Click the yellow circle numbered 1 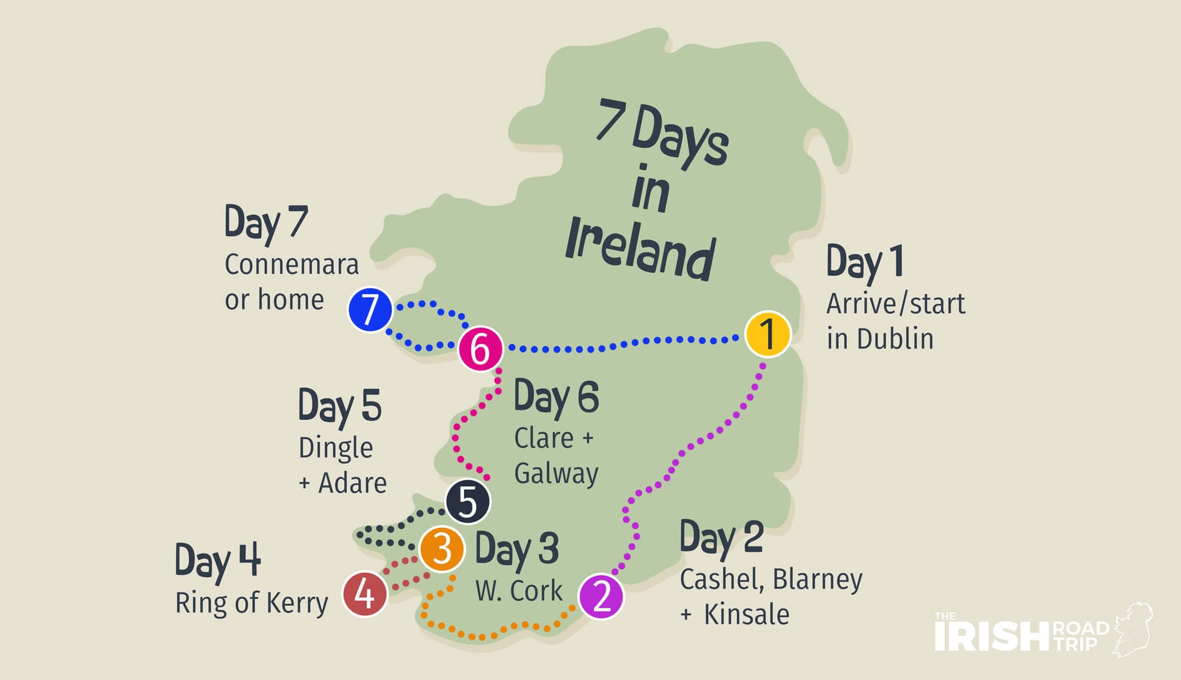point(768,334)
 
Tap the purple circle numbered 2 point(601,596)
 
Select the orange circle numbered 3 point(442,549)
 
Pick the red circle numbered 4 point(365,594)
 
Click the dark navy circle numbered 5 point(468,502)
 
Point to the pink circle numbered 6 point(481,349)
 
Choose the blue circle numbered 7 point(370,310)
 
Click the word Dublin point(895,339)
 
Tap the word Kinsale point(746,614)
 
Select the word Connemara point(292,264)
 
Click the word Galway point(556,473)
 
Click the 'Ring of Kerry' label point(252,603)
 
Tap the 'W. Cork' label point(519,591)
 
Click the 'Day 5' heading point(339,406)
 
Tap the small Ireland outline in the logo point(1132,629)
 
